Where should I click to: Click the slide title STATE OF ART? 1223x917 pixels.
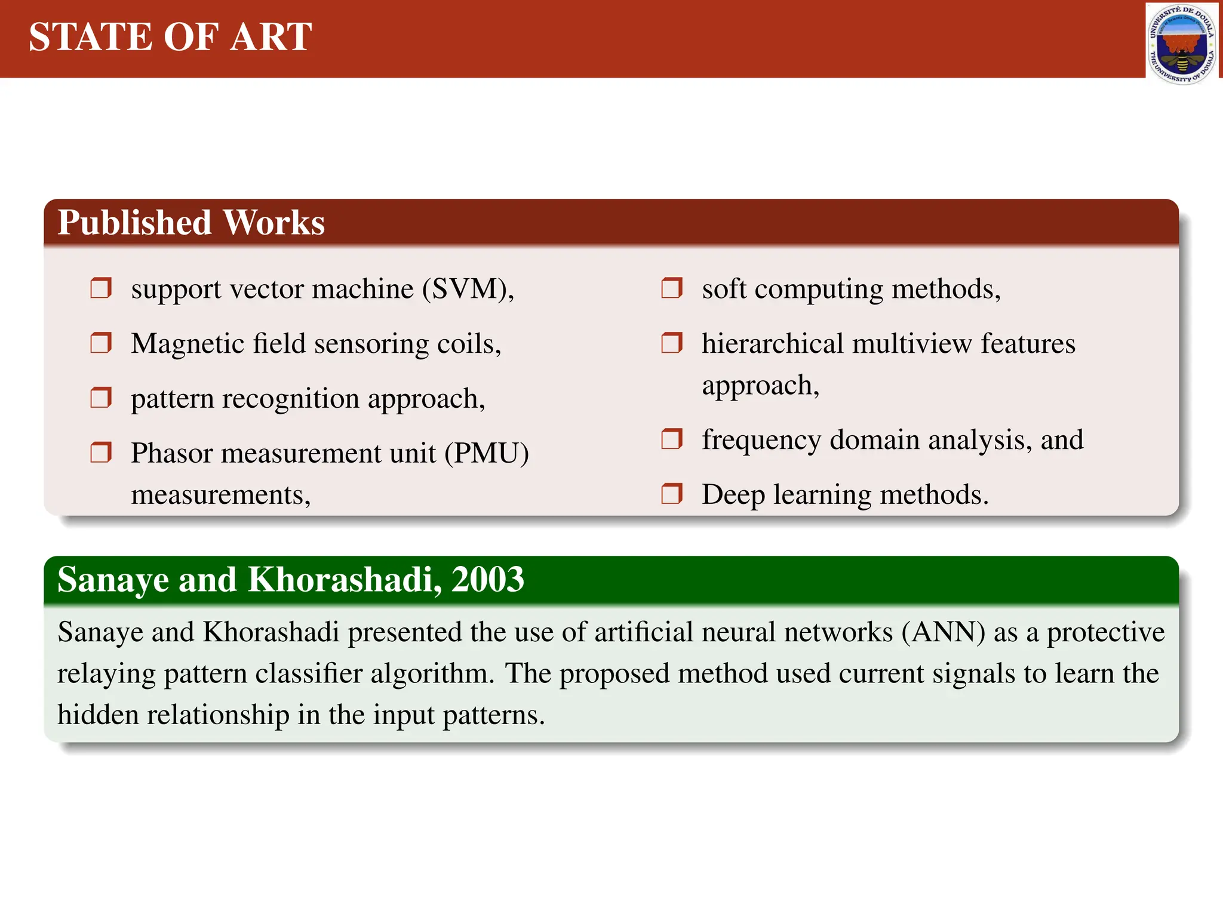(170, 37)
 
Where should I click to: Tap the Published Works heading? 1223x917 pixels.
(191, 223)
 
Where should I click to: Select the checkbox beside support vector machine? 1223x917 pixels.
(101, 288)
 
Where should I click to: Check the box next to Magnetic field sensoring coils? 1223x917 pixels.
(101, 343)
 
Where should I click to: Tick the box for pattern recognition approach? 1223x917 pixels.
(101, 398)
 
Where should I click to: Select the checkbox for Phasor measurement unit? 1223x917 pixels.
(101, 453)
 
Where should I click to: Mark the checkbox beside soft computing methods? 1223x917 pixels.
(672, 288)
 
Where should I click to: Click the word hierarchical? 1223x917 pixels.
(773, 344)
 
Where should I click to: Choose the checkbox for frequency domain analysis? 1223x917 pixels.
(672, 440)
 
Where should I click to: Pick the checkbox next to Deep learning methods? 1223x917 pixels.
(672, 494)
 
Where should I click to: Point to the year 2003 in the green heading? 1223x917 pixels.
(487, 580)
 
